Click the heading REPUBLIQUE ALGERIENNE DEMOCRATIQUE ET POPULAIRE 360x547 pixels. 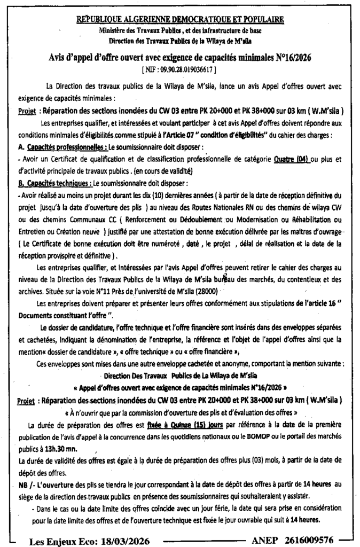[x=180, y=20]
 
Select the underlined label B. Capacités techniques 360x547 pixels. [x=51, y=182]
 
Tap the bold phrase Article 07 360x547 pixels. [x=178, y=135]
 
